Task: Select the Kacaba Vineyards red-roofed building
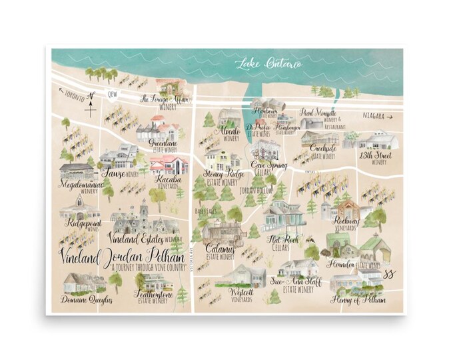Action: pos(168,165)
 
